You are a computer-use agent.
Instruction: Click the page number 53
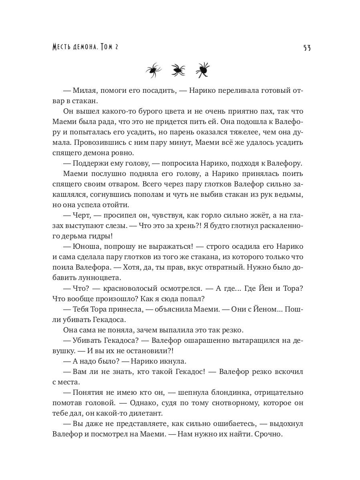pos(307,48)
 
